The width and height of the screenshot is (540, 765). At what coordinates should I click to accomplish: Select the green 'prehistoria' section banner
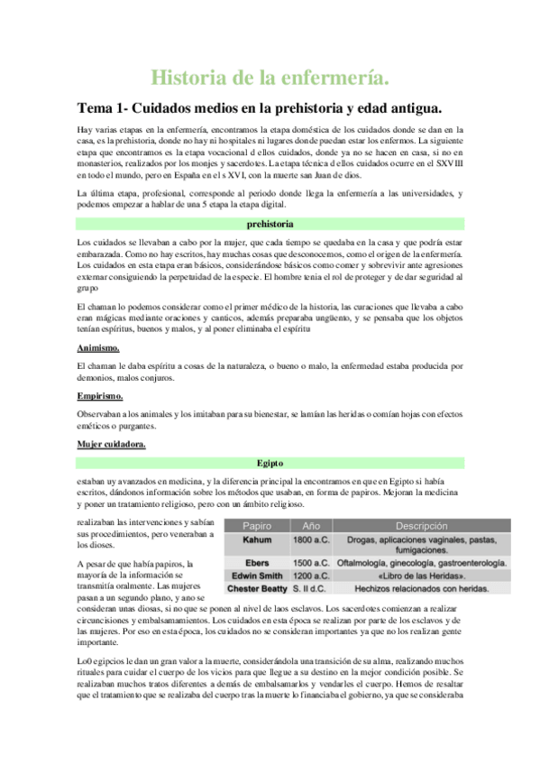[x=270, y=223]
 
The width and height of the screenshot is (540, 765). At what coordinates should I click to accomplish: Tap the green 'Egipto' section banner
[x=270, y=463]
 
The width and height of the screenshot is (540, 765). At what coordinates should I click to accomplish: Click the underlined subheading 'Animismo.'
[x=100, y=347]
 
